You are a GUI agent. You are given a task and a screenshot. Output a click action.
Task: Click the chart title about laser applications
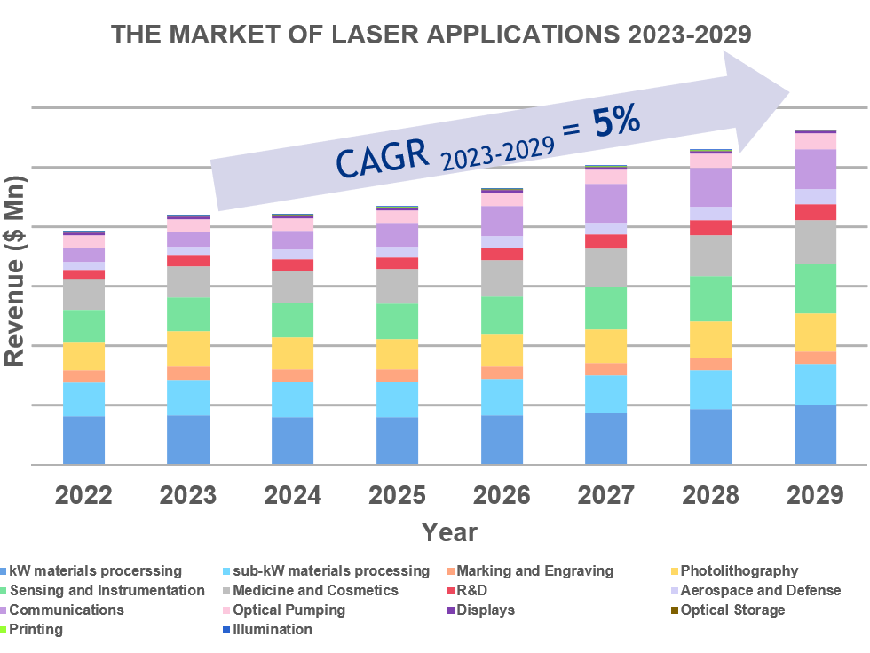tap(431, 35)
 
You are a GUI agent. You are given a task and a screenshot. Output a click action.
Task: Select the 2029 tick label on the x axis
tap(815, 495)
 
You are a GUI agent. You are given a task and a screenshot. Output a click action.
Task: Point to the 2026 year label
tap(502, 495)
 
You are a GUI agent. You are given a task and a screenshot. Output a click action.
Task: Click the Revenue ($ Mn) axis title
tap(15, 271)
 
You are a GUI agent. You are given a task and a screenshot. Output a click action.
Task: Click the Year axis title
tap(449, 532)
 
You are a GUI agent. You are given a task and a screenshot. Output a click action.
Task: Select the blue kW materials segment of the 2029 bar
tap(815, 435)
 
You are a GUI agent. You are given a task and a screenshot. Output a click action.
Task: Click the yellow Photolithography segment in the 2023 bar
tap(188, 349)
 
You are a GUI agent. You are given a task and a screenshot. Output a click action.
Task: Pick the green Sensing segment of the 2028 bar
tap(710, 298)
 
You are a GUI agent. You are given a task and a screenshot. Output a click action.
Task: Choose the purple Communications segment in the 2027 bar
tap(606, 203)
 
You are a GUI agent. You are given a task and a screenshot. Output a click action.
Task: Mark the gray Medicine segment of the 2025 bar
tap(397, 286)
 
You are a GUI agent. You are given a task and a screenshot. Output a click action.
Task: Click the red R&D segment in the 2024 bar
tap(293, 264)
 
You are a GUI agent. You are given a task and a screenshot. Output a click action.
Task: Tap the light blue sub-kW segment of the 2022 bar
tap(83, 399)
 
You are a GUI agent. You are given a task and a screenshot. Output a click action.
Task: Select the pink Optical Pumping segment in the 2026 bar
tap(502, 199)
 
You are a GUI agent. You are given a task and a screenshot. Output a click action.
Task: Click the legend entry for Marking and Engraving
tap(534, 571)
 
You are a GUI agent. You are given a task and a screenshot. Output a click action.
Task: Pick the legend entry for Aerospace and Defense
tap(760, 591)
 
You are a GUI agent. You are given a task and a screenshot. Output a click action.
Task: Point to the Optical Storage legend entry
tap(732, 610)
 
